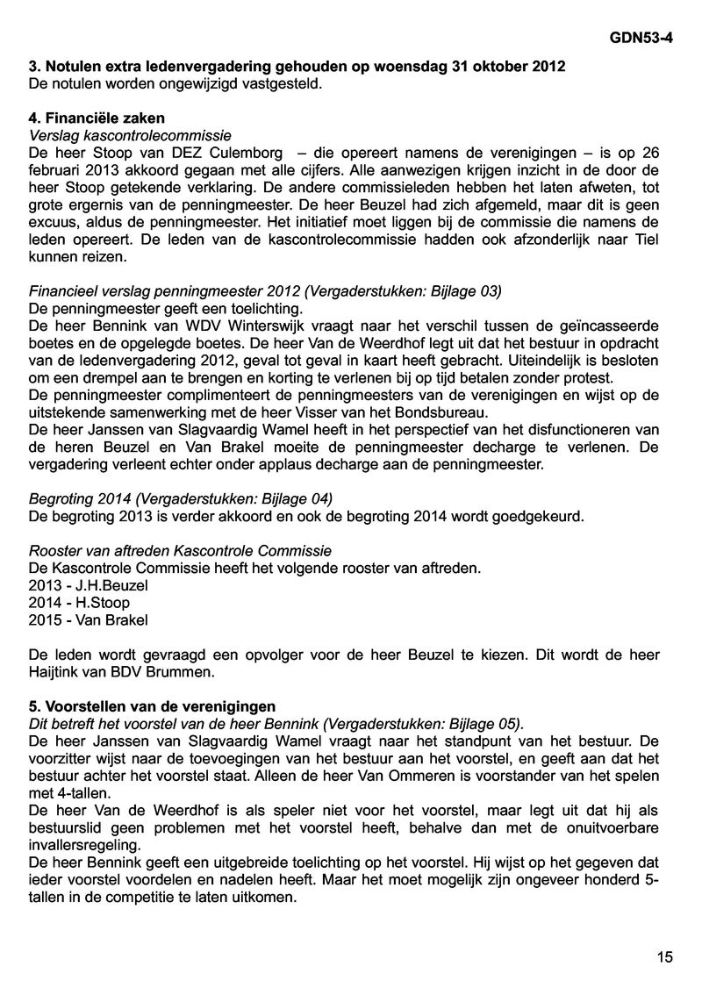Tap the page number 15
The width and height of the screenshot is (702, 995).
pyautogui.click(x=664, y=957)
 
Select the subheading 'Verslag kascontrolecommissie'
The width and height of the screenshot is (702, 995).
pyautogui.click(x=130, y=134)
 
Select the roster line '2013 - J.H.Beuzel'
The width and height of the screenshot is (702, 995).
pyautogui.click(x=82, y=585)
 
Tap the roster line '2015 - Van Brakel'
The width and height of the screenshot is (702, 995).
pyautogui.click(x=89, y=619)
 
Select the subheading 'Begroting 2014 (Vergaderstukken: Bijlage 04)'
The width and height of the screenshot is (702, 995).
pyautogui.click(x=181, y=498)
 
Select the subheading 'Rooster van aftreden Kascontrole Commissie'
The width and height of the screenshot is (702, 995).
pyautogui.click(x=181, y=551)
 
